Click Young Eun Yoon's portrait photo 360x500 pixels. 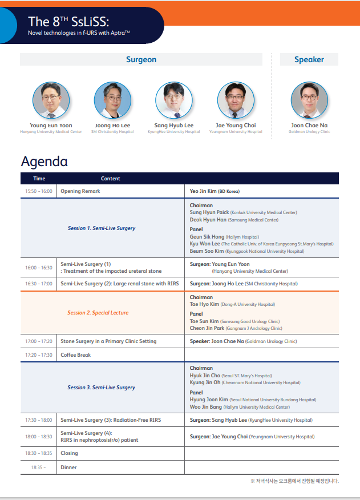tap(51, 100)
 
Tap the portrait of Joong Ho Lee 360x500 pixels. tap(112, 100)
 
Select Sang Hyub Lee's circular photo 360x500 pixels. tap(174, 100)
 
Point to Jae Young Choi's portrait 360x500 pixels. tap(236, 100)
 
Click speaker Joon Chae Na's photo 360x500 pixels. tap(309, 100)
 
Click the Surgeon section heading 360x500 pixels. tap(141, 59)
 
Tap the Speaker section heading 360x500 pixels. tap(309, 59)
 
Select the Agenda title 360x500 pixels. tap(45, 162)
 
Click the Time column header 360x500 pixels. tap(39, 179)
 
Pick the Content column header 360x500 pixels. tap(111, 179)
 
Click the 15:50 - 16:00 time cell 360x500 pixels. tap(39, 191)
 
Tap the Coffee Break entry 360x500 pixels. tap(75, 355)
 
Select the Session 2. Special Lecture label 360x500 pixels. tap(98, 313)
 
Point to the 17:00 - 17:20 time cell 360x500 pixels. tap(39, 341)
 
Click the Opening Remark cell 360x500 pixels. tap(80, 191)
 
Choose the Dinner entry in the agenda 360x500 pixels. tap(68, 467)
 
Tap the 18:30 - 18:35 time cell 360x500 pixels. tap(39, 453)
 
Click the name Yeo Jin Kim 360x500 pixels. tap(203, 191)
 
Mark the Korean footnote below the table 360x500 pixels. tap(294, 481)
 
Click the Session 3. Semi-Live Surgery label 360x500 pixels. tap(101, 388)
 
